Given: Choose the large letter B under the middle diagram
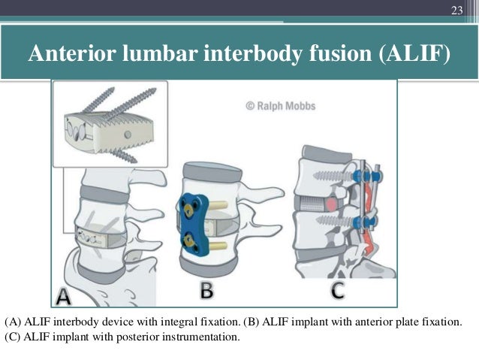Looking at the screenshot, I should (207, 289).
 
